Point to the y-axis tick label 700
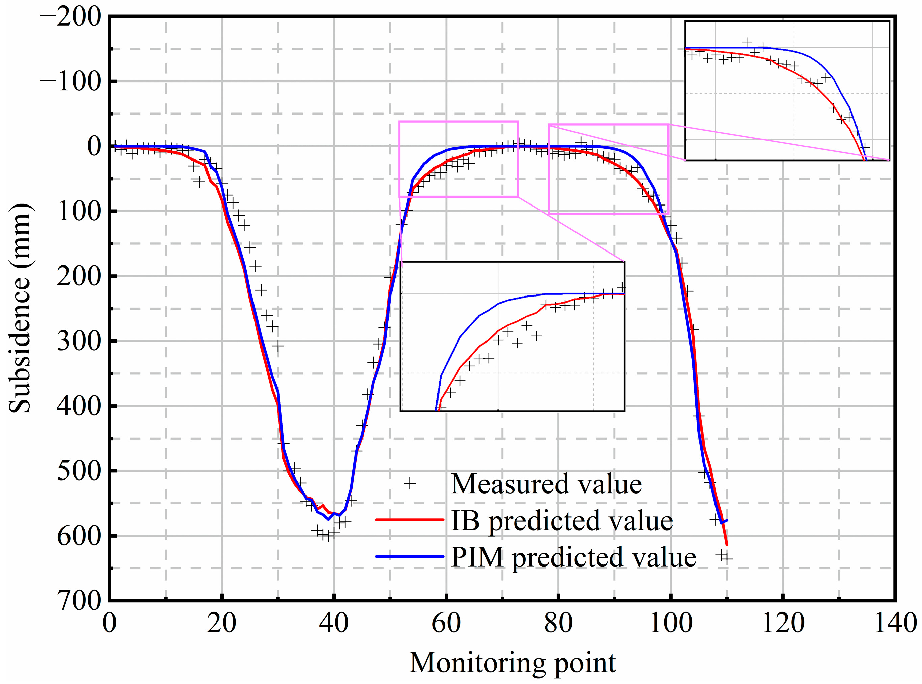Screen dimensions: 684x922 point(79,600)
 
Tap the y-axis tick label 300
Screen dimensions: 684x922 point(79,341)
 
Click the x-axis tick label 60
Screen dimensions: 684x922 point(446,624)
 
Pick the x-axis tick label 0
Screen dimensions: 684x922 point(109,624)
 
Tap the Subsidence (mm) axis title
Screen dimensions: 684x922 point(20,309)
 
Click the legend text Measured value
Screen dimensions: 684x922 point(546,484)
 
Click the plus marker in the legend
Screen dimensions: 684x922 point(410,483)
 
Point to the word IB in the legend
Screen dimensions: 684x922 point(465,520)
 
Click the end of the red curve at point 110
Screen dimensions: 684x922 point(727,545)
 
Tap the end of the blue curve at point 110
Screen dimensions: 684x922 point(727,520)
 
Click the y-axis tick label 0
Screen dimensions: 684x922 point(94,146)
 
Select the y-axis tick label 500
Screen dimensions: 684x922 point(79,471)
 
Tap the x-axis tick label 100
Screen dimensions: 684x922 point(671,624)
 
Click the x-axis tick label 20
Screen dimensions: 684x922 point(222,624)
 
